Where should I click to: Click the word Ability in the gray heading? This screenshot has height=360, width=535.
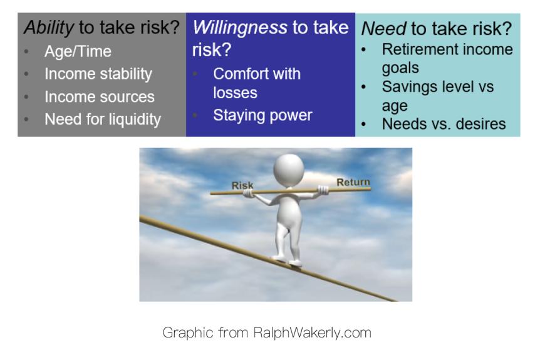[x=49, y=28]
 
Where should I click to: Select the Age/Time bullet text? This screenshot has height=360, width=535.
[x=78, y=52]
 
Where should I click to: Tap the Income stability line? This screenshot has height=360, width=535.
[x=98, y=75]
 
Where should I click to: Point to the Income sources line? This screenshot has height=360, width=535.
[x=99, y=97]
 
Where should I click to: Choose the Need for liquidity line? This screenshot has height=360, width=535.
[x=103, y=120]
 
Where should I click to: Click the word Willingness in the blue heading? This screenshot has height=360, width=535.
[x=240, y=28]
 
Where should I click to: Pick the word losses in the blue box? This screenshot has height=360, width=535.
[x=235, y=93]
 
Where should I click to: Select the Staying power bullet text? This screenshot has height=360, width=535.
[x=262, y=116]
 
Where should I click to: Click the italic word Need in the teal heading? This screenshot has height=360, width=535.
[x=383, y=29]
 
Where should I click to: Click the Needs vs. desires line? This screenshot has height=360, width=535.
[x=444, y=124]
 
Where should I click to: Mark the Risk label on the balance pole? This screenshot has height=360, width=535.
[x=242, y=185]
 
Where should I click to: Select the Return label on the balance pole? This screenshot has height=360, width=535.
[x=353, y=182]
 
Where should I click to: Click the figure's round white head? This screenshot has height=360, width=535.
[x=289, y=170]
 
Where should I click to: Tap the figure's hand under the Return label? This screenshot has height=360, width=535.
[x=323, y=190]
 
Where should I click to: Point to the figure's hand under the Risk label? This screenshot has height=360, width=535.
[x=249, y=193]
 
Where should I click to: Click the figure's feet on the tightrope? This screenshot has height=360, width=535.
[x=287, y=261]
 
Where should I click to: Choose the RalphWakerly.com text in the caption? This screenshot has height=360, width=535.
[x=312, y=332]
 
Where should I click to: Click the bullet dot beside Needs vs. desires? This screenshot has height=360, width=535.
[x=364, y=124]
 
